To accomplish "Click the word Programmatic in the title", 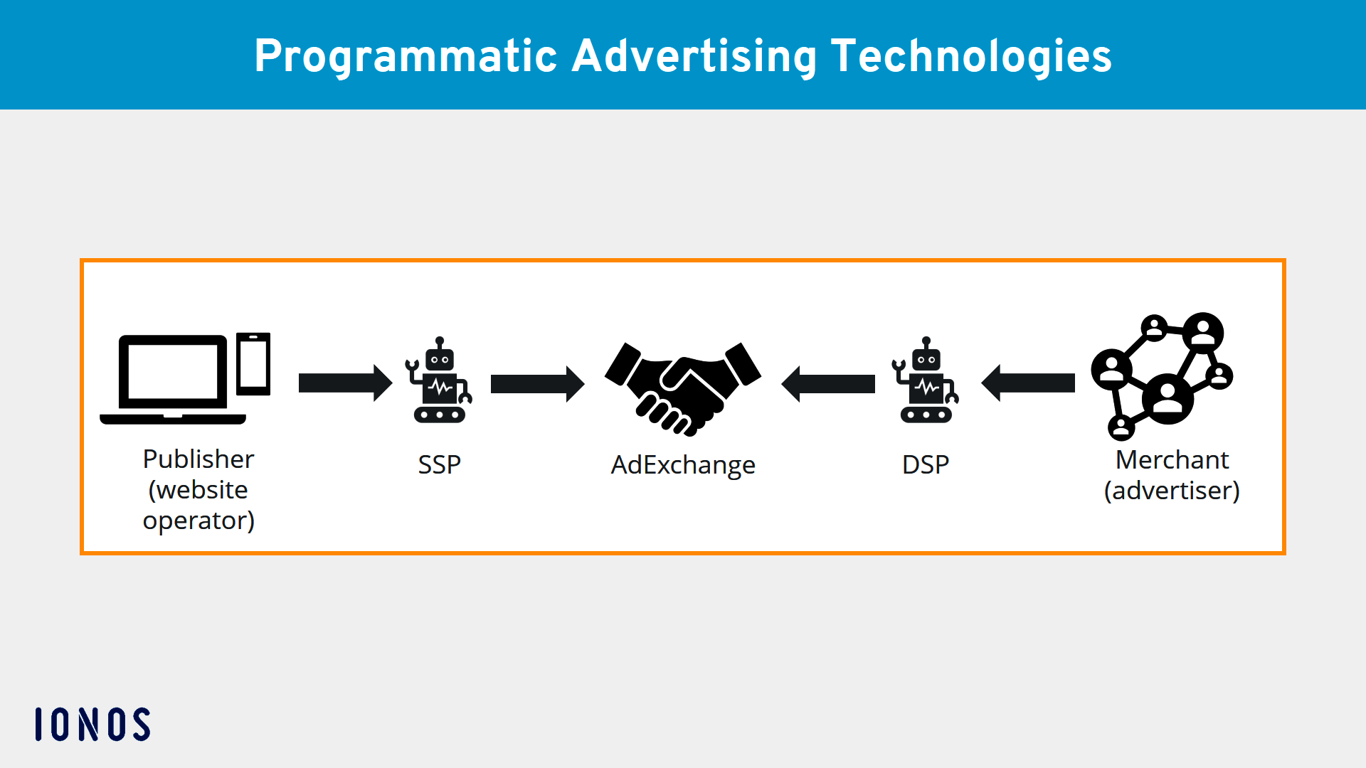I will point(406,57).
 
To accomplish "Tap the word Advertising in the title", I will point(694,57).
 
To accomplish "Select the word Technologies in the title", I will point(971,57).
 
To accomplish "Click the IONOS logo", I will point(92,724).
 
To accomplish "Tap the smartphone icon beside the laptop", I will point(253,363).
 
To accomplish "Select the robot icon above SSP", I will point(439,382).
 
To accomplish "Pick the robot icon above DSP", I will point(925,382).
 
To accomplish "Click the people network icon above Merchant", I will point(1162,375).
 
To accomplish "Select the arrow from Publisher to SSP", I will point(345,383).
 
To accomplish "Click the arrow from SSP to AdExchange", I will point(537,384).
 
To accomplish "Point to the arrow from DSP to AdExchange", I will point(828,384).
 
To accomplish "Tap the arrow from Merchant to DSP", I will point(1028,383).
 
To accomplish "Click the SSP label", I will point(439,464).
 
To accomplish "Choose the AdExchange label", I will point(683,465).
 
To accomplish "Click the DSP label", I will point(925,464).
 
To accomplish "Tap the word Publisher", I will point(198,459).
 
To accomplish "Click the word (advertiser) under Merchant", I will point(1172,491).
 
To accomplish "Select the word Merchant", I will point(1172,460).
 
